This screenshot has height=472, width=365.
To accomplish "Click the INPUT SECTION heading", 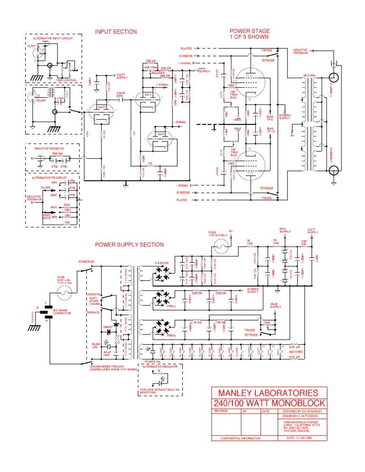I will (116, 32).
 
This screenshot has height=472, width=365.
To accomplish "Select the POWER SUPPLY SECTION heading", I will (129, 245).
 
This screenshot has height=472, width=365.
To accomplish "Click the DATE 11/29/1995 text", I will (302, 438).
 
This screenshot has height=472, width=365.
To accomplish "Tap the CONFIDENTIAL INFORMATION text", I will (237, 438).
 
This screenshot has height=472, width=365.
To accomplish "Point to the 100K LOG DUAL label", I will (65, 80).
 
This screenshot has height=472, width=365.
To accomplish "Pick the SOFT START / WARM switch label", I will (95, 302).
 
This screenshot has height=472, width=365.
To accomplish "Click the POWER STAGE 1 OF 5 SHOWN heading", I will (250, 34).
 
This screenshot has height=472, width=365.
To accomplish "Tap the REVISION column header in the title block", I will (222, 411).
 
